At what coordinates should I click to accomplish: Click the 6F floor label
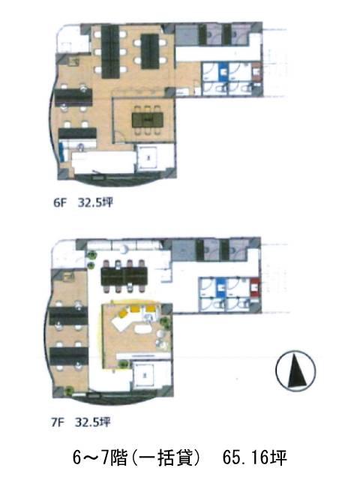(60, 202)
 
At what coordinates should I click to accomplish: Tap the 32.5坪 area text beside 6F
(95, 202)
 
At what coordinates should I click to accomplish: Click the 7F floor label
(58, 422)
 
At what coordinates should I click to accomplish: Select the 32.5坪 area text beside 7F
(93, 422)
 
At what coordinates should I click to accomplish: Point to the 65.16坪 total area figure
(255, 458)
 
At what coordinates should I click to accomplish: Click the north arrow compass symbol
(295, 370)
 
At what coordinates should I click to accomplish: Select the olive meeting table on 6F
(148, 120)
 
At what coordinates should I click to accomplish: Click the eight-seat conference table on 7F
(124, 276)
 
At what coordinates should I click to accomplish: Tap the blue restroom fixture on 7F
(221, 288)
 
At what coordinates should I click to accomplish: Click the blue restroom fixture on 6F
(223, 73)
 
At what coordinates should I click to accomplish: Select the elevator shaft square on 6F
(148, 158)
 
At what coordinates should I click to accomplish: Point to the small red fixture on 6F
(256, 72)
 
